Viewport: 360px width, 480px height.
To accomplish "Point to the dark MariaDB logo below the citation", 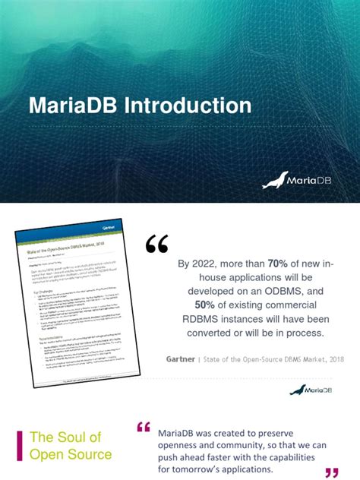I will pos(308,390).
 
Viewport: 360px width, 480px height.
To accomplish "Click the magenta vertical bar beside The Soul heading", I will pos(19,446).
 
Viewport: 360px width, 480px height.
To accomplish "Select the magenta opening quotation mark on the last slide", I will pos(144,428).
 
